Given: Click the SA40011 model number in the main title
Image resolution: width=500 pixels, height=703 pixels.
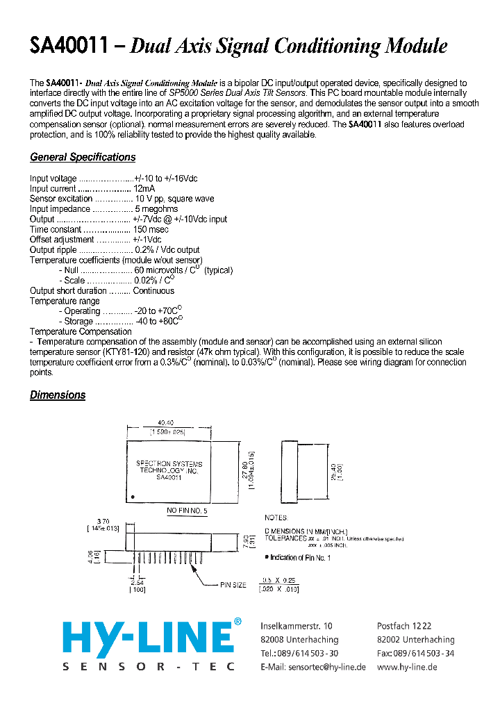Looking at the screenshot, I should click(69, 47).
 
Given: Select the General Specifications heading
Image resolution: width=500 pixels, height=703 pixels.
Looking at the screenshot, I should click(83, 157).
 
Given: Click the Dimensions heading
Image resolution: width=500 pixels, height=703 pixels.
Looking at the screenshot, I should click(58, 395).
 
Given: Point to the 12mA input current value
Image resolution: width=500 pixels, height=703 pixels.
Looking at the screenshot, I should click(144, 188).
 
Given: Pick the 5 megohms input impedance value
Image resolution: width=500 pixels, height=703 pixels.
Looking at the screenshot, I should click(156, 208).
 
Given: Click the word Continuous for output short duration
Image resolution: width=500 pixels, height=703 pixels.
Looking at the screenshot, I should click(153, 290).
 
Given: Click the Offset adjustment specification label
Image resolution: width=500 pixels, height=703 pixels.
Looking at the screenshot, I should click(62, 240).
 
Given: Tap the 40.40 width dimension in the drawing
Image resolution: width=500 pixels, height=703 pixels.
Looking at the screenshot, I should click(165, 422).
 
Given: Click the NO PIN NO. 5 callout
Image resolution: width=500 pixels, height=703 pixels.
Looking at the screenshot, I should click(186, 511).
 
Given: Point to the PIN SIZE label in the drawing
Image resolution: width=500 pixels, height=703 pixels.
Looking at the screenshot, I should click(233, 585).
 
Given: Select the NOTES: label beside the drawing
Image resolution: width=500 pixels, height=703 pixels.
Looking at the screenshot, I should click(276, 518).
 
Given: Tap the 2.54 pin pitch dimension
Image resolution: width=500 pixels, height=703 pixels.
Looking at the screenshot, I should click(137, 582).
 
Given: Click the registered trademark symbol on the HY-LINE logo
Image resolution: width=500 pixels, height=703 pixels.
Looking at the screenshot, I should click(237, 622).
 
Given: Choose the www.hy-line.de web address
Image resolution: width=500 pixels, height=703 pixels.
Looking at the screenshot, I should click(408, 666).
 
